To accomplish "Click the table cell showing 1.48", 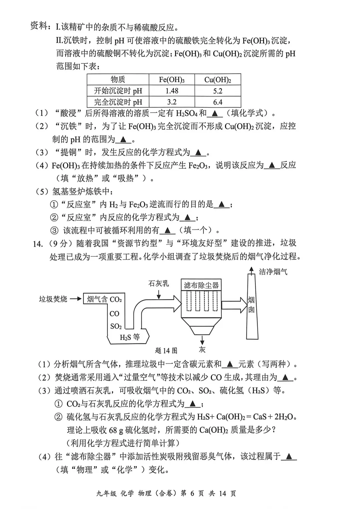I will click(172, 91).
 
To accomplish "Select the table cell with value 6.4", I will click(218, 102).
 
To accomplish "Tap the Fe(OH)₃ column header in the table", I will click(172, 80).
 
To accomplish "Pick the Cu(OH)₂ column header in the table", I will click(218, 80).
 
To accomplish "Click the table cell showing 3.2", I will click(172, 102).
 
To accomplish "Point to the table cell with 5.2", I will click(218, 91).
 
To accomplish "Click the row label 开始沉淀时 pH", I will click(118, 91).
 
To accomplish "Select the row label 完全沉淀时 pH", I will click(118, 102).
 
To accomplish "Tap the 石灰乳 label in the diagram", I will click(159, 283).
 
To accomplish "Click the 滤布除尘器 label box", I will click(201, 285).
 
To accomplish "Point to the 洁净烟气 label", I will click(273, 272).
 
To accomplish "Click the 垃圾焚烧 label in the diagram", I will click(53, 299).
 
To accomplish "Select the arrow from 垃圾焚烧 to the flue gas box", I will click(76, 299).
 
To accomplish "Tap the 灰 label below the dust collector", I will click(202, 349).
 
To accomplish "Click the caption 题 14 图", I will click(166, 350).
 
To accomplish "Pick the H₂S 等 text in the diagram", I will click(130, 337).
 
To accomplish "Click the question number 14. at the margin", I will click(38, 244).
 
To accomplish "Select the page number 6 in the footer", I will click(192, 493).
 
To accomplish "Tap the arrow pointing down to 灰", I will click(202, 340).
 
